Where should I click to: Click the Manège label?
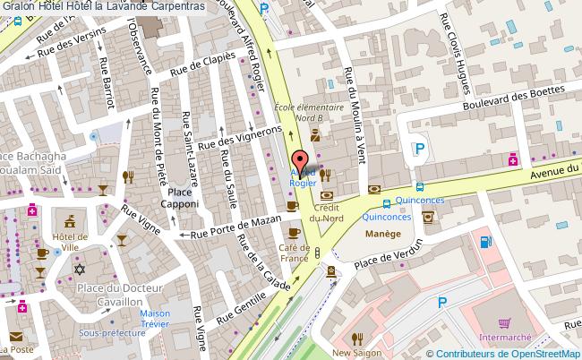coord(381,235)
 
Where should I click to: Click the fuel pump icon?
coord(484,241)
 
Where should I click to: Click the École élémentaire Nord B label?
coord(309,113)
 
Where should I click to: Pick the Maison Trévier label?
coord(155,320)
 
